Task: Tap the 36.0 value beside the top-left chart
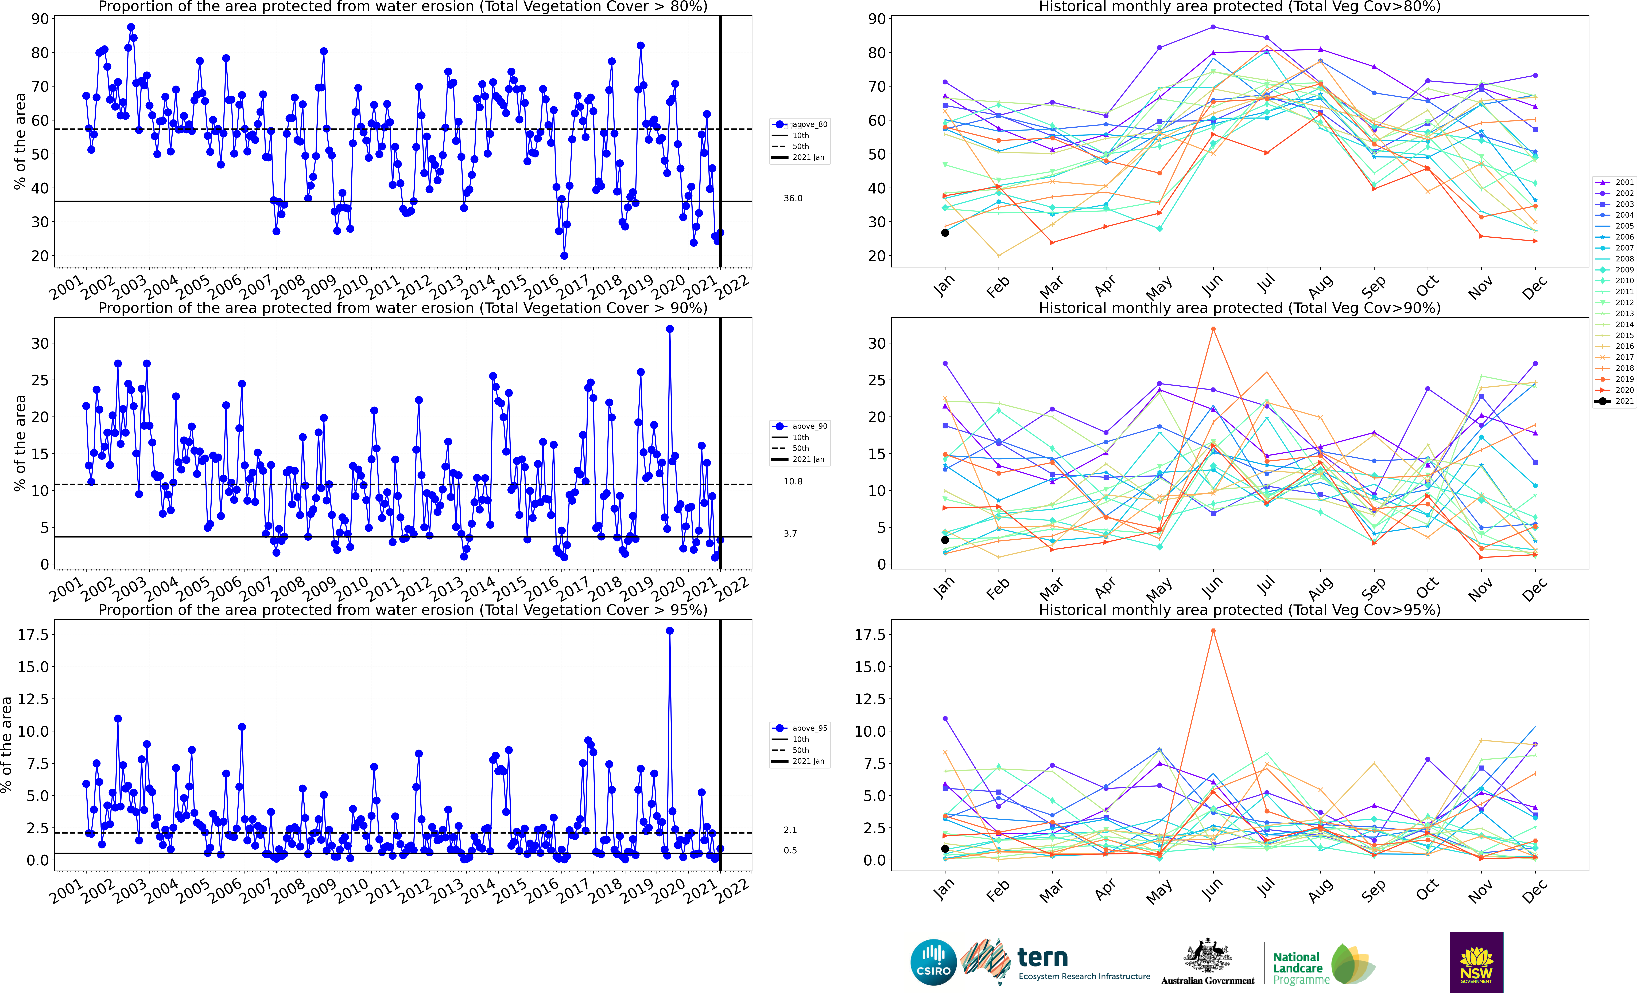pyautogui.click(x=793, y=198)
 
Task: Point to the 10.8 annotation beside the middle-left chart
pyautogui.click(x=793, y=482)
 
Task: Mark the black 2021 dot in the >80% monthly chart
pyautogui.click(x=945, y=233)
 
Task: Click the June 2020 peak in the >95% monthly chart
pyautogui.click(x=1213, y=631)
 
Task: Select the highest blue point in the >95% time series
pyautogui.click(x=670, y=631)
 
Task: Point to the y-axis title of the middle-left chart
pyautogui.click(x=20, y=443)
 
